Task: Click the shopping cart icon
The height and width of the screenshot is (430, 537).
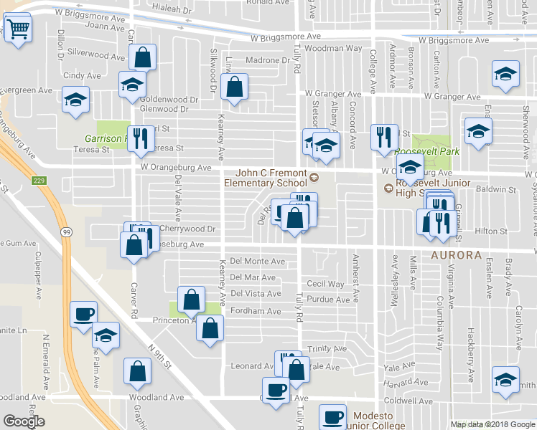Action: tap(17, 29)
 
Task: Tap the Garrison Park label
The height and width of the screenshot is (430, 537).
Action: tap(105, 138)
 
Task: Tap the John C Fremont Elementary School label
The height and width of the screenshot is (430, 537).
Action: tap(276, 177)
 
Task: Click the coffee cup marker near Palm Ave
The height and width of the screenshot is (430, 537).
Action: tap(83, 314)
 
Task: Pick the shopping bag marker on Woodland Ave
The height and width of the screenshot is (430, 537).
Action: tap(136, 372)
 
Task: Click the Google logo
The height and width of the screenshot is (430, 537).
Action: tap(23, 421)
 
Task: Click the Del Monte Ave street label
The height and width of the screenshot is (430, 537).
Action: tap(257, 262)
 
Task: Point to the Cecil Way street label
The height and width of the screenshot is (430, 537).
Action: tap(325, 285)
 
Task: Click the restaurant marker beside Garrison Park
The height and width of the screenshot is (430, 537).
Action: tap(141, 137)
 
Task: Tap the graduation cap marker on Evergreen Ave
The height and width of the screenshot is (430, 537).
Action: tap(75, 101)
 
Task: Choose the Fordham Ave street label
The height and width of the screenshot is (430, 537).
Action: tap(255, 311)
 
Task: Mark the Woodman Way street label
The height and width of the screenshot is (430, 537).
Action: tap(332, 48)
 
